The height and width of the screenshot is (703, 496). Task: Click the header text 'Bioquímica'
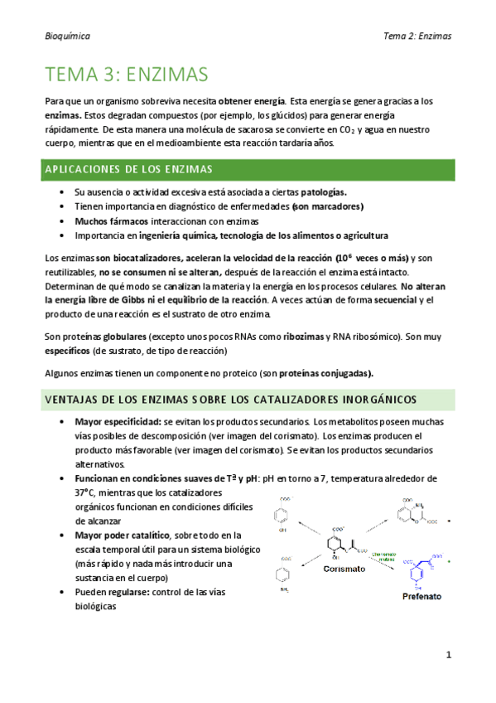pos(68,37)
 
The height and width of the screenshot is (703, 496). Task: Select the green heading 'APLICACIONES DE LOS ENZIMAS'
pos(129,169)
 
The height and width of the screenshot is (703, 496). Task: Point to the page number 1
pos(448,654)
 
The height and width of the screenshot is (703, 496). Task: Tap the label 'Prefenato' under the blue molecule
pos(421,596)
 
